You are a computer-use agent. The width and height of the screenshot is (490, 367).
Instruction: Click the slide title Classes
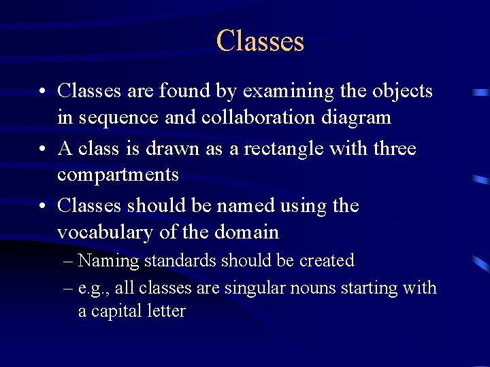click(x=260, y=41)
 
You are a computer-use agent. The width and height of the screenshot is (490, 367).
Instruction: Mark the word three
click(x=393, y=147)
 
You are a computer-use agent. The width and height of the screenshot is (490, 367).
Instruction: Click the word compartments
click(x=118, y=175)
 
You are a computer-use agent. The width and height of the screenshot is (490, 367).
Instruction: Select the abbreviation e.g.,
click(x=94, y=289)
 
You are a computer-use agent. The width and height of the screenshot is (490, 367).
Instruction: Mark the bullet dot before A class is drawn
click(x=43, y=149)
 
